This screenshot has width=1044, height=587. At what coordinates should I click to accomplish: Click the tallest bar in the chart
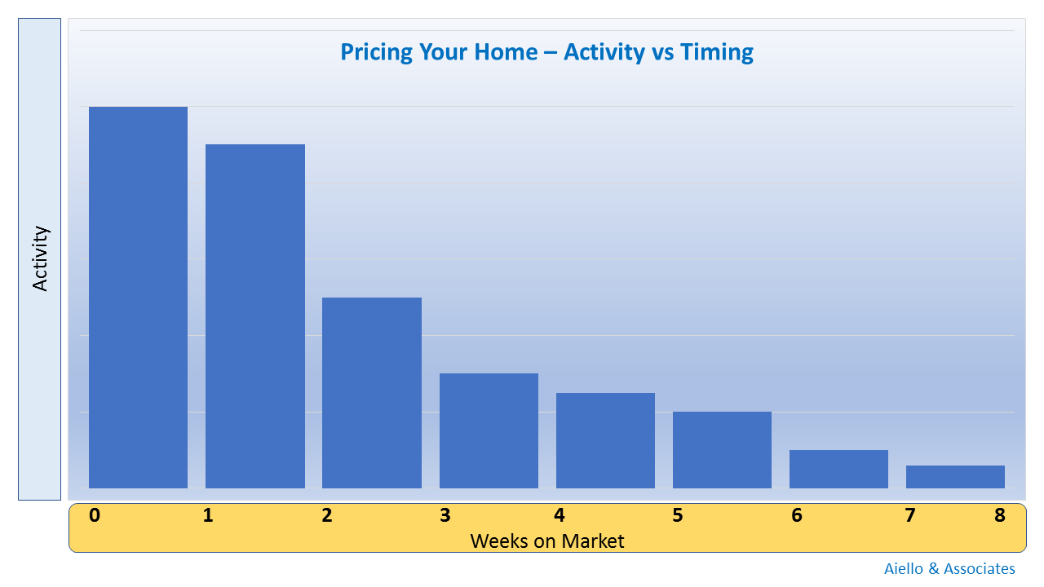[x=138, y=298]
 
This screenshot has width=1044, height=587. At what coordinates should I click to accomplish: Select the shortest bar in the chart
[x=955, y=477]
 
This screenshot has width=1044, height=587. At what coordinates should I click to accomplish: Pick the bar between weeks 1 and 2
[x=255, y=316]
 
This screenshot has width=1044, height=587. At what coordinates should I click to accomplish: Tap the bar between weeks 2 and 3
[x=372, y=393]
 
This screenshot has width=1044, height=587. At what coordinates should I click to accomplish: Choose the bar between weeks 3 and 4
[x=489, y=430]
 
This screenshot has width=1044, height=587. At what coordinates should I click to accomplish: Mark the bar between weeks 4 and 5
[x=605, y=440]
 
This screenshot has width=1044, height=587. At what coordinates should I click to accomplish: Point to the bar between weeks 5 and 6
[x=722, y=449]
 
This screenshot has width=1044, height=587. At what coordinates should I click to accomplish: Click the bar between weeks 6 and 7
[x=839, y=469]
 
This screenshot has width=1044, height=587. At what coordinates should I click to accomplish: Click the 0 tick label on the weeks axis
[x=95, y=515]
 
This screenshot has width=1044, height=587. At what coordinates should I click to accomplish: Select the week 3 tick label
[x=445, y=515]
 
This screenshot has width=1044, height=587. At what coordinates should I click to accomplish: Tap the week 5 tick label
[x=678, y=515]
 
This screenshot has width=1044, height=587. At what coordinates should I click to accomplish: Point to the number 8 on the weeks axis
[x=1000, y=515]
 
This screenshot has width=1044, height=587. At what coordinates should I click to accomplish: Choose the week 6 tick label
[x=797, y=515]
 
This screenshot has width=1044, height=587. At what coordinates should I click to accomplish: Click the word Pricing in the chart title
[x=376, y=52]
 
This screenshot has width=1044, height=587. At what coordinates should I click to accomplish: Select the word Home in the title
[x=506, y=51]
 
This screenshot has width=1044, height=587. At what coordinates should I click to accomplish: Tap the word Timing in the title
[x=716, y=52]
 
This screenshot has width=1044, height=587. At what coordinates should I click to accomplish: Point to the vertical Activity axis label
[x=40, y=258]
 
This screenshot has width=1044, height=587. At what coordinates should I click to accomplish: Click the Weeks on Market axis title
[x=547, y=541]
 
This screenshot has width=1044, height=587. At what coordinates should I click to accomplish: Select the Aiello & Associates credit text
[x=949, y=568]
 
